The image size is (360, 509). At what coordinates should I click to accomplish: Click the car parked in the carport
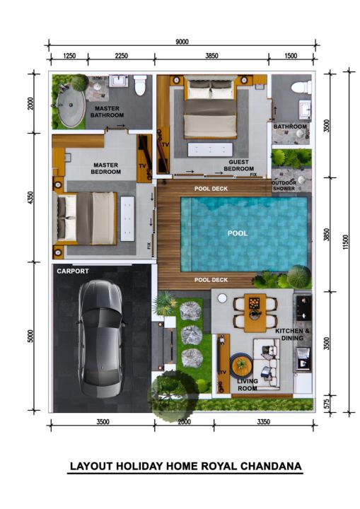click(x=100, y=339)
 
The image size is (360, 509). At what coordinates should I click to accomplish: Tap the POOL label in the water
click(x=238, y=233)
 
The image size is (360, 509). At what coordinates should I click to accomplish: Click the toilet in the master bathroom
click(x=140, y=85)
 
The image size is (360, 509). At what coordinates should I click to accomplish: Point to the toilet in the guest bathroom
click(x=301, y=88)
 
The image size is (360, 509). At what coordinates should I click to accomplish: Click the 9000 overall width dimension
click(x=182, y=42)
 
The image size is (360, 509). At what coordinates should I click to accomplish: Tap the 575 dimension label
click(x=327, y=403)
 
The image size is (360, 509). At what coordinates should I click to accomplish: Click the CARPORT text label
click(x=73, y=271)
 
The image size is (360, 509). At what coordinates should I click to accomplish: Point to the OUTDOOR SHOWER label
click(x=284, y=186)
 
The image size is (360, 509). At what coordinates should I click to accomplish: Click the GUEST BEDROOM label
click(x=239, y=165)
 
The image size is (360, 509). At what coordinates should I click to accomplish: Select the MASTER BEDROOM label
click(x=106, y=168)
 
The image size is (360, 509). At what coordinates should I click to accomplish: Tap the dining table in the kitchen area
click(x=255, y=313)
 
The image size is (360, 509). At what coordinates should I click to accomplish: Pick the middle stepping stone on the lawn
click(x=192, y=335)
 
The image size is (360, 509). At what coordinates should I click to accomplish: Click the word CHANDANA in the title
click(x=271, y=466)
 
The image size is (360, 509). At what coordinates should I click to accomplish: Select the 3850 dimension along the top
click(x=211, y=56)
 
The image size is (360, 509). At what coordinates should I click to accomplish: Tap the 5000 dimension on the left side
click(x=30, y=336)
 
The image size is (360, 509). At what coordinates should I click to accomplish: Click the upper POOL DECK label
click(x=211, y=189)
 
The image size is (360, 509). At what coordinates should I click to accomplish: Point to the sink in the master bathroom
click(x=118, y=81)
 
